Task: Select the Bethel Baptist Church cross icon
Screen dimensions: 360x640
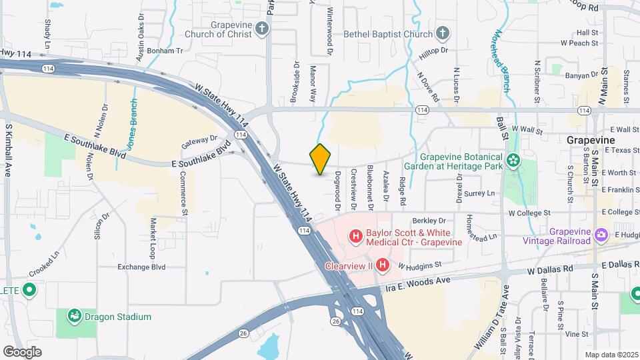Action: [x=442, y=33]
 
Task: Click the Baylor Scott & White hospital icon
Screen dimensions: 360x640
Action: [x=356, y=236]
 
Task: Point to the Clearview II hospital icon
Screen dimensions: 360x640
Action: [x=383, y=265]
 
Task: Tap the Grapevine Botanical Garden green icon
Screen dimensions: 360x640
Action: [x=513, y=159]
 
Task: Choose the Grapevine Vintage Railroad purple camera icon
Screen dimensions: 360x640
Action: [x=602, y=235]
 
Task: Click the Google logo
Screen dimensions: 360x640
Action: [x=21, y=351]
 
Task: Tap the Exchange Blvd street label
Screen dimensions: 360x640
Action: [x=141, y=267]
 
